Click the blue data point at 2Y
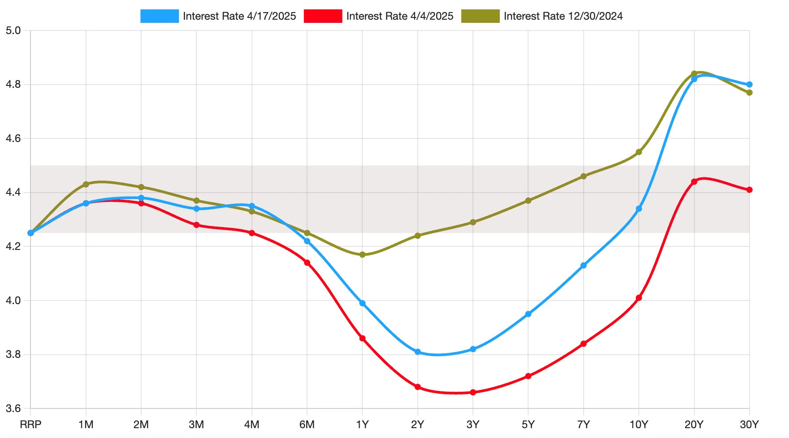418,352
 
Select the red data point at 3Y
473,392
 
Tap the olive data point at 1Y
362,255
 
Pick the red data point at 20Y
694,182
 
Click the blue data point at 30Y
750,85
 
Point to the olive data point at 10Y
639,152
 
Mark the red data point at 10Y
639,298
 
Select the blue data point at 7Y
584,266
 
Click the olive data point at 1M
86,185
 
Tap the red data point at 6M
307,263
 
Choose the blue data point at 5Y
528,314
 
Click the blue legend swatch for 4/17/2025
159,16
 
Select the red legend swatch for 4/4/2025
323,16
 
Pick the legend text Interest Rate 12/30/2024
563,16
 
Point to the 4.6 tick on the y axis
13,139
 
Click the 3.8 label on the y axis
13,355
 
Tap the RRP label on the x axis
30,425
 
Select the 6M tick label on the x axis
307,425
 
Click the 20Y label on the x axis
694,425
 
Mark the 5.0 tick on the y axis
13,31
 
